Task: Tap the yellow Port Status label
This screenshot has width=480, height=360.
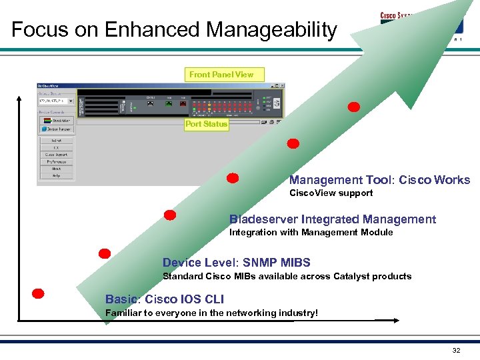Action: [206, 124]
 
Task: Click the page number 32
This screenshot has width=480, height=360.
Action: [456, 351]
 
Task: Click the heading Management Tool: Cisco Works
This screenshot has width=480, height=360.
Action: [379, 180]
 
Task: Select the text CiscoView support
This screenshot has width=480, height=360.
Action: [331, 193]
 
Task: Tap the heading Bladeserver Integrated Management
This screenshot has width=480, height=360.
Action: [333, 219]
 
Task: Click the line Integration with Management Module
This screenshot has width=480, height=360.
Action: [311, 233]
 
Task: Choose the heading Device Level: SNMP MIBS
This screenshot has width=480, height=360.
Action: [237, 263]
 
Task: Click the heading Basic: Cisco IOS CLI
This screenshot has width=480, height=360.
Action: [165, 299]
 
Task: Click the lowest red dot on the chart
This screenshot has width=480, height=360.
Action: [39, 293]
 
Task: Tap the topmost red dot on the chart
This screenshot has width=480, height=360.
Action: [354, 107]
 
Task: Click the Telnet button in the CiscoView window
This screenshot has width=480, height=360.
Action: [57, 141]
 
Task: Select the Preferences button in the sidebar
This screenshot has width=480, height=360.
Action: [57, 161]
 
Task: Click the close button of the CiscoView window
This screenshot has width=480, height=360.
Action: [283, 86]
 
